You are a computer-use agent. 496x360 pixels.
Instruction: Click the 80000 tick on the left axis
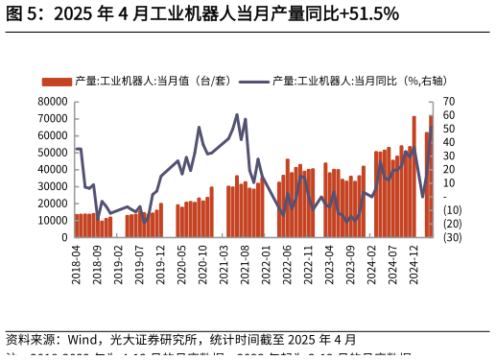52,101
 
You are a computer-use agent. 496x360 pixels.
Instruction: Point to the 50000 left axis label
52,152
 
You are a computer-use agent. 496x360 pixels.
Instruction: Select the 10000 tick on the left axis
52,220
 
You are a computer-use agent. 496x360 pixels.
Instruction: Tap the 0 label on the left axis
62,237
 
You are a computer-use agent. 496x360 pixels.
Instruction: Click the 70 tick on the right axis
449,101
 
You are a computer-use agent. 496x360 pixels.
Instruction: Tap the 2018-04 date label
77,262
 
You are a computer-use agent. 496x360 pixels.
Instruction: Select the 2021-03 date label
224,262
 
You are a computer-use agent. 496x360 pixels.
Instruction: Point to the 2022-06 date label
286,262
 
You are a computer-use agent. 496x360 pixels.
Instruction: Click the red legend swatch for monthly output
57,82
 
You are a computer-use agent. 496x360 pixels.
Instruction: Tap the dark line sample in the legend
253,82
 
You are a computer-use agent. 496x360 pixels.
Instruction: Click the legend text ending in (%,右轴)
360,82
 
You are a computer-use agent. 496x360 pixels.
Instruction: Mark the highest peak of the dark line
237,115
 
